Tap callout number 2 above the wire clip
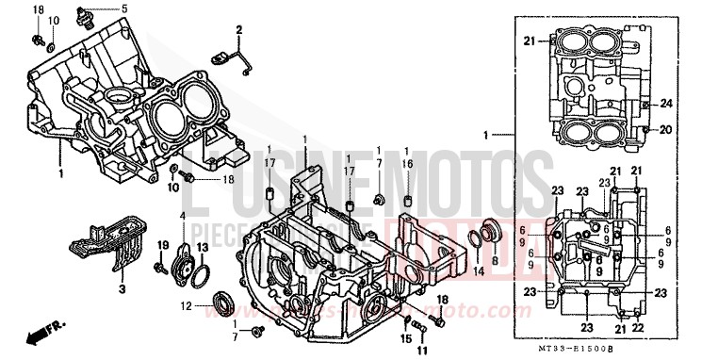click(238, 31)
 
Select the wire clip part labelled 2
click(231, 58)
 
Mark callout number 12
click(186, 305)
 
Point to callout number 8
click(495, 272)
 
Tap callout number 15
click(406, 338)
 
